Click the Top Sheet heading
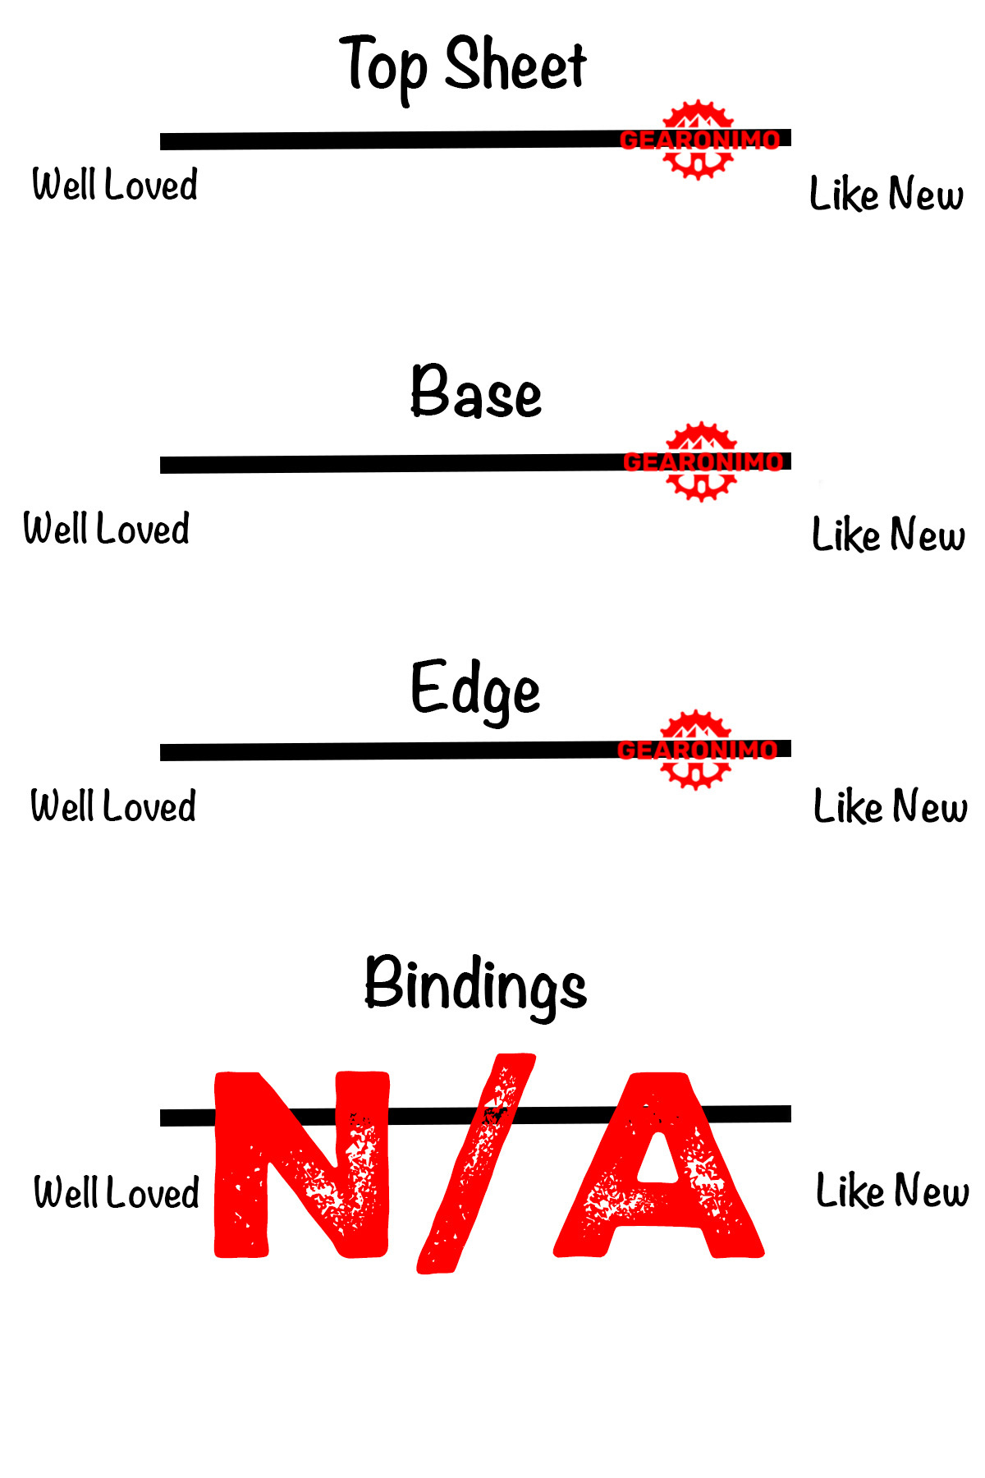pos(464,66)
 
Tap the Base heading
pos(476,392)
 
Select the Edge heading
pos(475,690)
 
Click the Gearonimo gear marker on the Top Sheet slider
pos(699,140)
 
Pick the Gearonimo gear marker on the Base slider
pos(702,461)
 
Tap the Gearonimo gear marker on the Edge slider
pos(696,750)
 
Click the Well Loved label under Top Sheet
pos(115,185)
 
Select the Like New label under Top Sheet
pos(886,195)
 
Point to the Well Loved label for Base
pos(107,529)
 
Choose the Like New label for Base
pos(888,535)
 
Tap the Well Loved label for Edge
pos(113,806)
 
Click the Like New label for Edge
pos(891,806)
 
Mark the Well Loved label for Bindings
pos(117,1193)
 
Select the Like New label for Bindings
pos(892,1191)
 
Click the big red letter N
pos(301,1164)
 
